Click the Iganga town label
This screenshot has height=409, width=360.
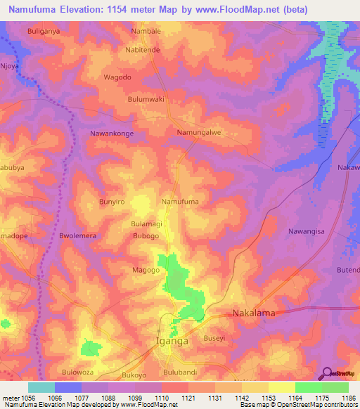[x=172, y=342]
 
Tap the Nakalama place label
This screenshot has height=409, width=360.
[x=253, y=313]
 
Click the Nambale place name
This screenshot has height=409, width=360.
[x=147, y=32]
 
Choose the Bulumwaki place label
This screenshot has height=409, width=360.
[x=146, y=99]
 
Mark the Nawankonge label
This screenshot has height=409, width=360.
[x=112, y=132]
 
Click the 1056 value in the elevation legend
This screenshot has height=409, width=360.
[x=20, y=398]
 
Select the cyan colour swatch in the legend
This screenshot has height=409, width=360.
[x=41, y=387]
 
